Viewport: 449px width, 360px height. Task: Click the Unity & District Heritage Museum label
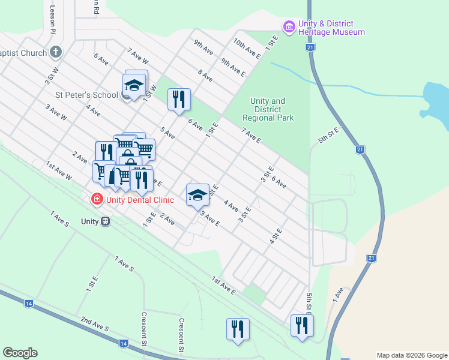tap(331, 28)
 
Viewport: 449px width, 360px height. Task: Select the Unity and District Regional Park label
tap(268, 110)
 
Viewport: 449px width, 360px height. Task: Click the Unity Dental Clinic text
tap(140, 200)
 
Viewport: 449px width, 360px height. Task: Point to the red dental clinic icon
tap(96, 199)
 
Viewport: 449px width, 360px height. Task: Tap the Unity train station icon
tap(106, 221)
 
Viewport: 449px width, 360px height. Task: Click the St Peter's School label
tap(87, 95)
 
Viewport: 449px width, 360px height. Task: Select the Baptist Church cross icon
tap(56, 52)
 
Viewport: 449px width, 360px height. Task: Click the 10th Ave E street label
tap(247, 49)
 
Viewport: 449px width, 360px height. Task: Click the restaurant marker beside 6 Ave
tap(179, 100)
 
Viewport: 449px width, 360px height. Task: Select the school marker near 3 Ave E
tap(197, 194)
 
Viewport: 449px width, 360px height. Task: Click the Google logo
tap(20, 353)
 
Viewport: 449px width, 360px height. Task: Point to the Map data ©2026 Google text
tap(412, 355)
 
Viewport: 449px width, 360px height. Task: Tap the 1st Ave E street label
tap(223, 284)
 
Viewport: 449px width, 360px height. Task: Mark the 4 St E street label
tap(276, 235)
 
